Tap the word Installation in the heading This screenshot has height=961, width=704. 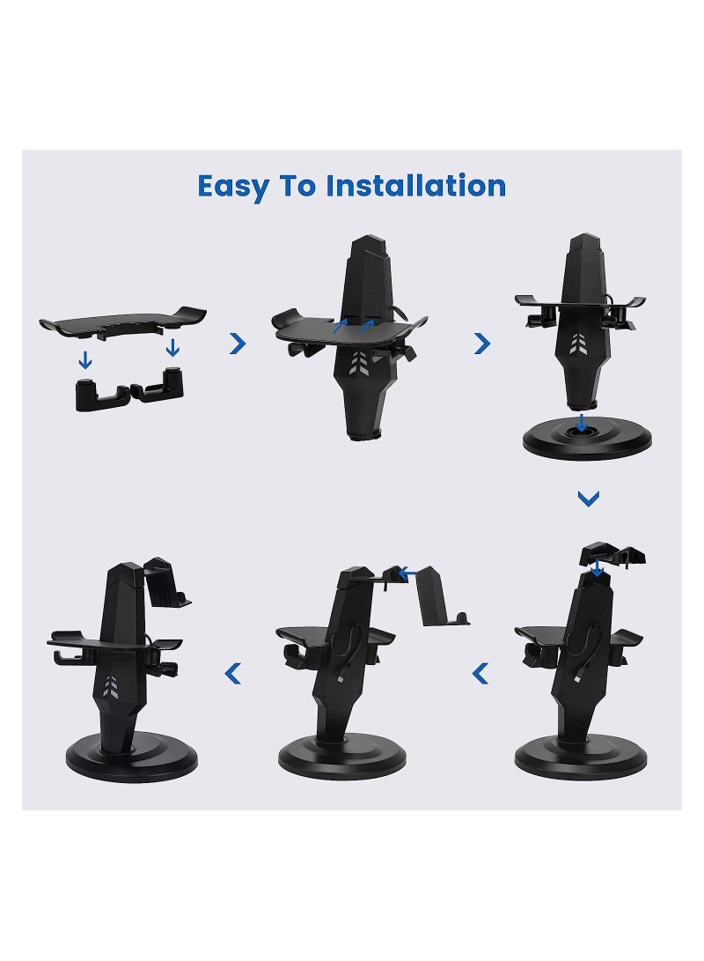415,187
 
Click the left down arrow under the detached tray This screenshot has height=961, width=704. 85,359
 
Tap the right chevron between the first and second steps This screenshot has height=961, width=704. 238,344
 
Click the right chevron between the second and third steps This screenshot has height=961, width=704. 482,344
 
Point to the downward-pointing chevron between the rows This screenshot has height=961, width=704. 588,499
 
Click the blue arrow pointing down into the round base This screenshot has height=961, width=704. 580,423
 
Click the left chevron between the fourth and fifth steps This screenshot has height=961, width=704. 480,675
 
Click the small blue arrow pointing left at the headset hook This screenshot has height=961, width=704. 407,573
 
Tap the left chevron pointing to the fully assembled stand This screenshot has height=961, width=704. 232,675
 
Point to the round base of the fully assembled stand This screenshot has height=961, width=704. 132,759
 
